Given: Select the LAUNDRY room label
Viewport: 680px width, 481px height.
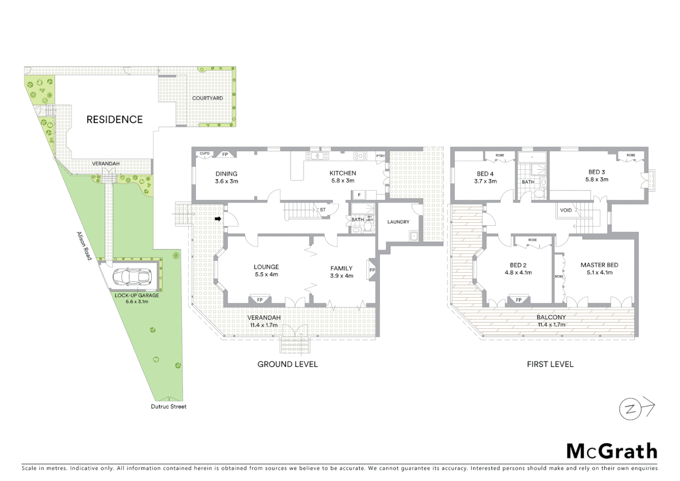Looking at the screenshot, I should pyautogui.click(x=398, y=222).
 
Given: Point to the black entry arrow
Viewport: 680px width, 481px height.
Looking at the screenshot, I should pyautogui.click(x=218, y=219).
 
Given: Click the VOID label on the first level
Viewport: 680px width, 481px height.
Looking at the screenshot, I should pyautogui.click(x=566, y=210).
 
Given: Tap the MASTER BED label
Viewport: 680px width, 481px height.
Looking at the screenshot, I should pyautogui.click(x=599, y=265).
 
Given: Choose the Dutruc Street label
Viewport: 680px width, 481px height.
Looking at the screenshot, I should pyautogui.click(x=169, y=406).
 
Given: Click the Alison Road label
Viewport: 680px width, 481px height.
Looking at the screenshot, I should pyautogui.click(x=84, y=246).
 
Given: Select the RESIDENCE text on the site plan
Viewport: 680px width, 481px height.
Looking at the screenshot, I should pyautogui.click(x=114, y=119).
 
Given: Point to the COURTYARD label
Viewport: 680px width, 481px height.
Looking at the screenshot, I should pyautogui.click(x=207, y=98).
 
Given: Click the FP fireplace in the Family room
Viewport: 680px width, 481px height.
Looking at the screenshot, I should pyautogui.click(x=372, y=270).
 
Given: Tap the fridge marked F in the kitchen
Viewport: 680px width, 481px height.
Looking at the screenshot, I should pyautogui.click(x=359, y=195).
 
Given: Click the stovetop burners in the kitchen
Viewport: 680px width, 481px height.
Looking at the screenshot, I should pyautogui.click(x=360, y=156).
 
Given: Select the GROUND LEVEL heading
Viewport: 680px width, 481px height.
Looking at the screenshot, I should pyautogui.click(x=287, y=364).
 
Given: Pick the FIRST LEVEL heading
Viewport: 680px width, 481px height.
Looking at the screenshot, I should pyautogui.click(x=550, y=364).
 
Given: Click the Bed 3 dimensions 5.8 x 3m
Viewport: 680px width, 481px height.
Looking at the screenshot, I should pyautogui.click(x=597, y=179).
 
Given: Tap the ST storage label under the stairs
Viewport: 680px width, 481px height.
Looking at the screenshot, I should pyautogui.click(x=323, y=210).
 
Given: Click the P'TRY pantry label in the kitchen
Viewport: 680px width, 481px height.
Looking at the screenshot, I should pyautogui.click(x=380, y=156).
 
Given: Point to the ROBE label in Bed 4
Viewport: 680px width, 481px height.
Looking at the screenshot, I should pyautogui.click(x=500, y=155).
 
